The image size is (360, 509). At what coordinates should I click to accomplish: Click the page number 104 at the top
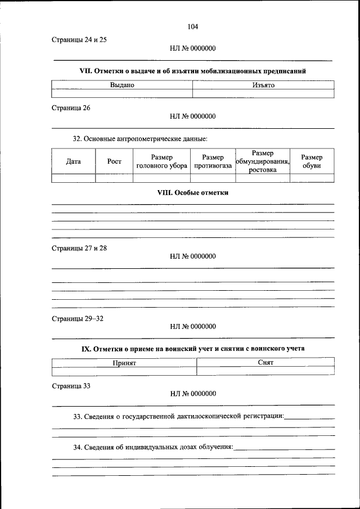(x=193, y=26)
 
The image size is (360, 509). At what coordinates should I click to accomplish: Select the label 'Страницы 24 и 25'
(x=79, y=40)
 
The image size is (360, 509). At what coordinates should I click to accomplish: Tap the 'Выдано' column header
(x=122, y=85)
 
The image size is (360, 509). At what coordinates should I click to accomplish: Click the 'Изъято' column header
(x=263, y=85)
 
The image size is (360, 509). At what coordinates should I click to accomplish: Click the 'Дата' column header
(x=73, y=161)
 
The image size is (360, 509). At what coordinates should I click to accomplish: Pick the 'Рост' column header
(x=114, y=161)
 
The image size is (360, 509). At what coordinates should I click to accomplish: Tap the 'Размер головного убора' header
(x=161, y=161)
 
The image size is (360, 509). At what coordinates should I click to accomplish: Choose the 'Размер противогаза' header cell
(x=213, y=161)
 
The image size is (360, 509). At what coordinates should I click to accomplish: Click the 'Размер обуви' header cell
(x=312, y=161)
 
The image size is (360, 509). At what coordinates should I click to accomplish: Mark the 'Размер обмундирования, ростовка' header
(x=263, y=161)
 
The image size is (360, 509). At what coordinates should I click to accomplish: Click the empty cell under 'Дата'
(x=73, y=178)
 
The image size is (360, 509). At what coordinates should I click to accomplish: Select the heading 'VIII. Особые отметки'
(x=193, y=192)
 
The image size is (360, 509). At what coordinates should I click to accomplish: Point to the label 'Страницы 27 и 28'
(x=79, y=247)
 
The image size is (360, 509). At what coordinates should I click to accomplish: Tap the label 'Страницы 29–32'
(x=78, y=318)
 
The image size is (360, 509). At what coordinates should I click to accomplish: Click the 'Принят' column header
(x=124, y=363)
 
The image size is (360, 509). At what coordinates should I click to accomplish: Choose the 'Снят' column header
(x=265, y=363)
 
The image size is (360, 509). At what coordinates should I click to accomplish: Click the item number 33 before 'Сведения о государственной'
(x=78, y=417)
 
